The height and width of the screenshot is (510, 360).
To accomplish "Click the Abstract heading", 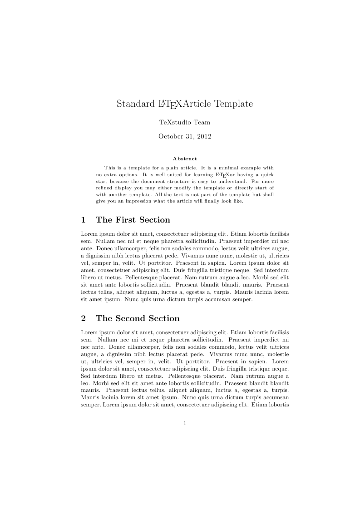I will click(x=185, y=158).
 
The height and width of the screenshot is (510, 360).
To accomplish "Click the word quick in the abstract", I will click(x=267, y=174).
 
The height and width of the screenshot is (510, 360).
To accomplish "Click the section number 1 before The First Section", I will click(x=83, y=220).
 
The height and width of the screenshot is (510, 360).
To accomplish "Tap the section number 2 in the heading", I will click(x=83, y=318).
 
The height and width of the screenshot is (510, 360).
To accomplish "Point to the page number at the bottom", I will click(x=185, y=423).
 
